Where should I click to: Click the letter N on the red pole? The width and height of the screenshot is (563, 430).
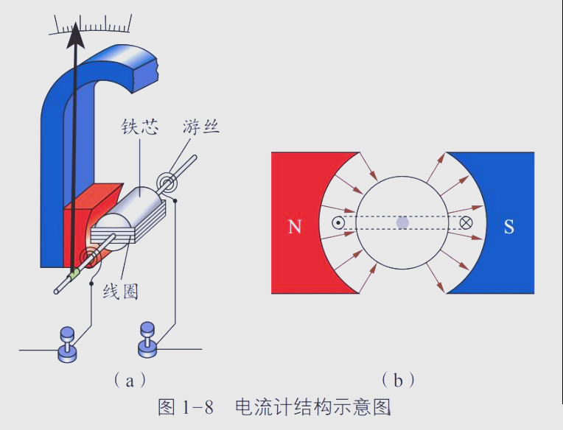pos(295,227)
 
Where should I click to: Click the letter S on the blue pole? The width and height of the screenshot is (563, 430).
pos(508,227)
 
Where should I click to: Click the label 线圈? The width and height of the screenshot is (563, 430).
pos(120,290)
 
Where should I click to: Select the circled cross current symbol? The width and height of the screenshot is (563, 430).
pos(466,222)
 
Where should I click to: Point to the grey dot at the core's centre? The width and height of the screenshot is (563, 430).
pos(402,222)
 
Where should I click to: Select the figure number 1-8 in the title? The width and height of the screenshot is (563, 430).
pos(197,406)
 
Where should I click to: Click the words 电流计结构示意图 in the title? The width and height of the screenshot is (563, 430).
pos(311,406)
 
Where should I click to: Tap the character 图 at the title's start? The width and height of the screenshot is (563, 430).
pos(168,406)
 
